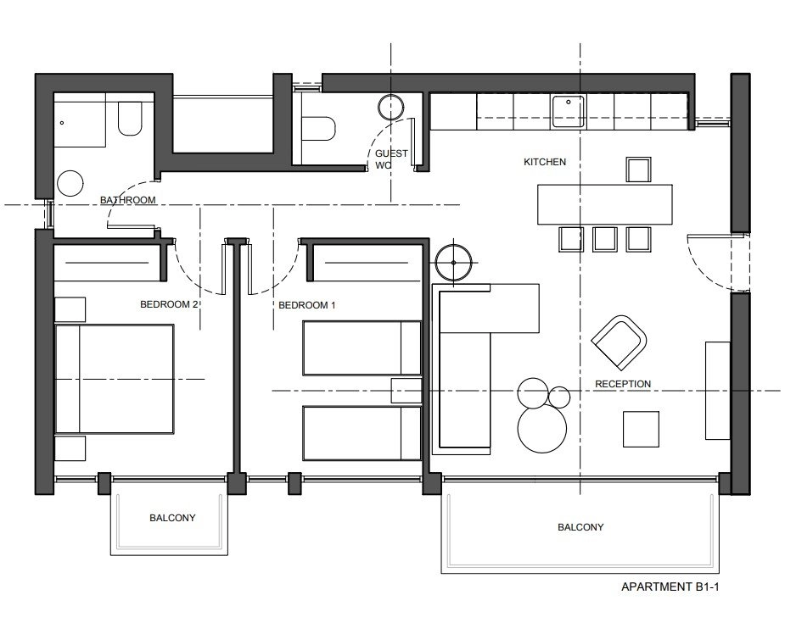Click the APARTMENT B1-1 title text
pos(670,586)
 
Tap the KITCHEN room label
pos(545,162)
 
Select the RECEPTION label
pos(623,384)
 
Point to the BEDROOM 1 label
pos(307,305)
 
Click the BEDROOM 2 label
pos(169,304)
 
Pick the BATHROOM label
pos(127,200)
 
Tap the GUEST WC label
pos(391,159)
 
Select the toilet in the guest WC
pos(318,129)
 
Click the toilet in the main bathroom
pos(130,119)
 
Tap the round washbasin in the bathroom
pos(70,184)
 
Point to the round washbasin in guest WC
pos(390,107)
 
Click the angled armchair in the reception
pos(620,342)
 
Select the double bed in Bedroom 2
pos(115,379)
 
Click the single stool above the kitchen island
pos(638,170)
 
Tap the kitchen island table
pos(605,204)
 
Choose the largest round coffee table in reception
pos(542,429)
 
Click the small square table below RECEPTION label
pos(641,429)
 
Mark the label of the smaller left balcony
pos(172,518)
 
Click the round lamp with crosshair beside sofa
pos(453,262)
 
